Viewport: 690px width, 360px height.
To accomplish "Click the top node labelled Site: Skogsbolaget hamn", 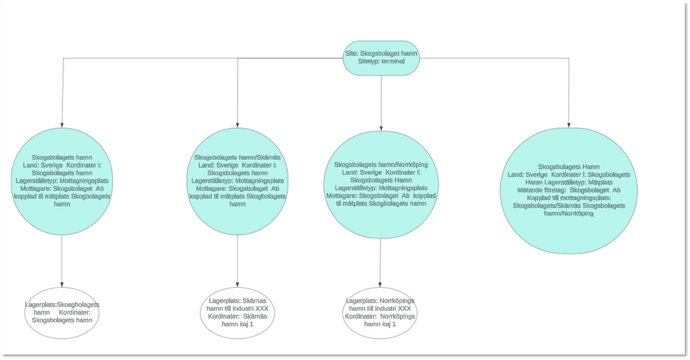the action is (381, 58).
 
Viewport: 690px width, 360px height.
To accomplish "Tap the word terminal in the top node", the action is (393, 61).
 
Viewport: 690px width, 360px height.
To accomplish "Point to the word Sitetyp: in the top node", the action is (369, 61).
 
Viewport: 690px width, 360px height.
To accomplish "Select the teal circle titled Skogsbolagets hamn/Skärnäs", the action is (237, 181).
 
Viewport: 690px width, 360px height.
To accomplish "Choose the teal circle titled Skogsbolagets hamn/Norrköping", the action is (381, 185).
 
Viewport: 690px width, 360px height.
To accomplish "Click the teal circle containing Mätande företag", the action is (569, 191).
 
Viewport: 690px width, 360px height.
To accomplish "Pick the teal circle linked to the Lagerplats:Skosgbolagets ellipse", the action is (62, 181).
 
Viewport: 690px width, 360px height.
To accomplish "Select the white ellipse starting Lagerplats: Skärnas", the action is (237, 313).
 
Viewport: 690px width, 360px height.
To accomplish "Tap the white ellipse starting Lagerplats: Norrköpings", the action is (380, 313).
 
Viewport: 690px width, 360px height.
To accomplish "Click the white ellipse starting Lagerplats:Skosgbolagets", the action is (62, 313).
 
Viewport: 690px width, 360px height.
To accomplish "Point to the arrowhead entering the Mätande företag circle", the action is (569, 125).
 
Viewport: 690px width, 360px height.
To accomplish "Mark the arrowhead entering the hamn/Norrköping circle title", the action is (381, 128).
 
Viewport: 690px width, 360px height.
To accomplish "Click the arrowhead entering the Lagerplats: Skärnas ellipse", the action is (237, 285).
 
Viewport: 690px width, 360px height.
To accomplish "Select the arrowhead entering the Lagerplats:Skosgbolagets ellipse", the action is (62, 285).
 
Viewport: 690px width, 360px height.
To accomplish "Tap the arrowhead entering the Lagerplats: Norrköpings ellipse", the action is (380, 285).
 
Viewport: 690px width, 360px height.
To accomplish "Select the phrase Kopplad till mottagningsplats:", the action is (569, 198).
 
